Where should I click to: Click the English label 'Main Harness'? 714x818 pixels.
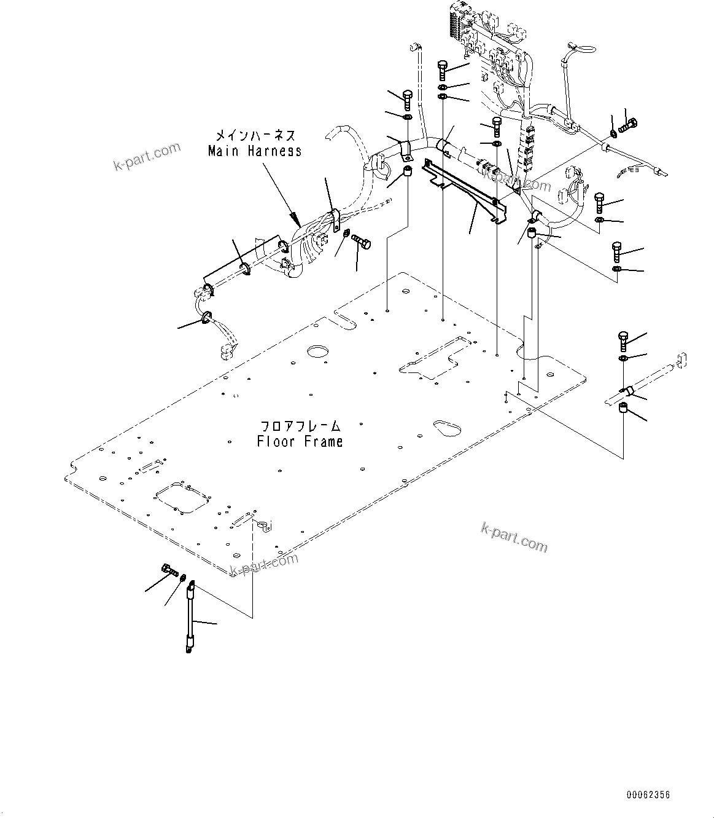coord(255,151)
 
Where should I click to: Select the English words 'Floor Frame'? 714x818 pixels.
coord(300,441)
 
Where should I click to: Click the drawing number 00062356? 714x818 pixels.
coord(648,795)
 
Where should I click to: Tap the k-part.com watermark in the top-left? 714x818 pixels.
coord(147,157)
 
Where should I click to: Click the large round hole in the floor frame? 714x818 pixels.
coord(319,352)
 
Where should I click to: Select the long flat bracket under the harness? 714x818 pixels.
coord(467,191)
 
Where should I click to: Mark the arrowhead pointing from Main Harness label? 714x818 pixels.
coord(295,219)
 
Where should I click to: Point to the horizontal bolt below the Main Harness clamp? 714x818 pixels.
coord(362,243)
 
